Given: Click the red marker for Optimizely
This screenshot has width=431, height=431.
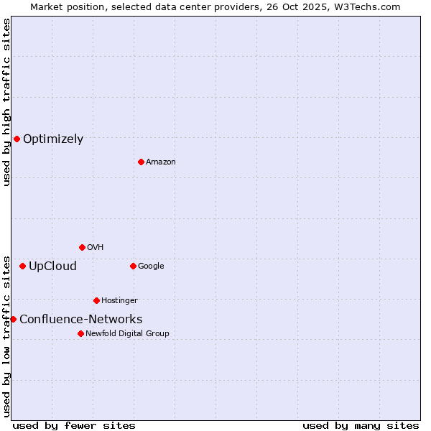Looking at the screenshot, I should (x=17, y=139).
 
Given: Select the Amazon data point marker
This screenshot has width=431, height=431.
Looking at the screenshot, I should (x=141, y=162).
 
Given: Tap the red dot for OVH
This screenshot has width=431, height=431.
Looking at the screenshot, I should (x=82, y=247).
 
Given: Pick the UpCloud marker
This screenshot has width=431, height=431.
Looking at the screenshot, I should (x=22, y=266).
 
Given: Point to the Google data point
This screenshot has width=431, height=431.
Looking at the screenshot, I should (x=133, y=266).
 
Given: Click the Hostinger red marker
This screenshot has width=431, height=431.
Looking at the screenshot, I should (x=96, y=300).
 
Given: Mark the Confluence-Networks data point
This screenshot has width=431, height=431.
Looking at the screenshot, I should (x=13, y=319).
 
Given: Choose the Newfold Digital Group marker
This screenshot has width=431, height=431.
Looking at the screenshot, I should (x=80, y=333).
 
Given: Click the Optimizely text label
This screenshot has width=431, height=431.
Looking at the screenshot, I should (x=53, y=139).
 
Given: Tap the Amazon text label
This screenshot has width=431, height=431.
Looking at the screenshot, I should (x=161, y=162).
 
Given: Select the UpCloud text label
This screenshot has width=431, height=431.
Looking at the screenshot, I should (x=52, y=267).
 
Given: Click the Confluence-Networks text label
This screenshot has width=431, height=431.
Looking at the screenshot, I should (x=80, y=320).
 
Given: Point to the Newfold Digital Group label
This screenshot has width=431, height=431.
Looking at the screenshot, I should (x=127, y=333).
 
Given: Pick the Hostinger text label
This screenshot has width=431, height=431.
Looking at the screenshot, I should (x=119, y=300).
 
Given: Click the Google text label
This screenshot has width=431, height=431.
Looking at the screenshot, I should (x=151, y=266).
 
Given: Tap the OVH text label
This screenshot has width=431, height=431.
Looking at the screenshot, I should (x=95, y=247).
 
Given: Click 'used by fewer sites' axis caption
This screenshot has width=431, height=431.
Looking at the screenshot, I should (x=74, y=425).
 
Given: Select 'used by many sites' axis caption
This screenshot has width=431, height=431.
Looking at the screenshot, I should (x=361, y=425).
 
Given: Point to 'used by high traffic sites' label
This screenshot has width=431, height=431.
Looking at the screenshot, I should (x=6, y=102).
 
